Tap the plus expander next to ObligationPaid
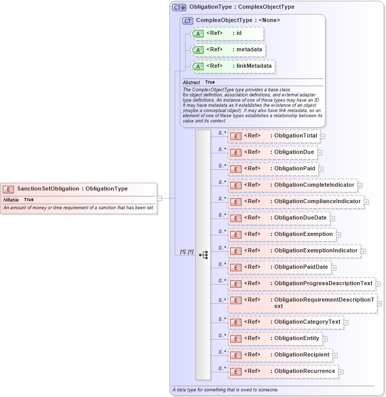coord(321,169)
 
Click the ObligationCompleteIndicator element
coord(292,185)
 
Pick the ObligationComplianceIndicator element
coord(296,202)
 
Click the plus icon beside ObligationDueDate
coord(332,219)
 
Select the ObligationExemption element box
coord(283,234)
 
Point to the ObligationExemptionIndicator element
coord(294,251)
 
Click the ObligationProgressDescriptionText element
coord(301,284)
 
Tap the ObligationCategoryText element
coord(285,322)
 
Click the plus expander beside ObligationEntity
coord(325,339)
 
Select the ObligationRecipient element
coord(280,355)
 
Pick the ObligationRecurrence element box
coord(283,371)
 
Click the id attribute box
coord(227,34)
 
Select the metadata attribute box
coord(228,50)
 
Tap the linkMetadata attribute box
coord(232,67)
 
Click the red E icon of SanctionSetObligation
coord(9,189)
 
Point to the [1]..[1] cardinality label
coord(186,252)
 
